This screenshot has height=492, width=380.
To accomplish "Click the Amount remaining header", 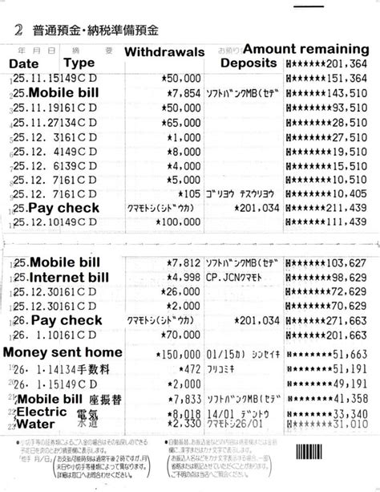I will pos(305,47).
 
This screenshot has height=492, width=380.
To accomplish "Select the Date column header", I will pos(23,63).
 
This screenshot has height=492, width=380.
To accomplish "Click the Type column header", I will pos(79,63).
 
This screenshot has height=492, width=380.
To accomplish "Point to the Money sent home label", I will pos(63,352).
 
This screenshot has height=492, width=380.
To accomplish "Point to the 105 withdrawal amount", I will pos(189,193).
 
